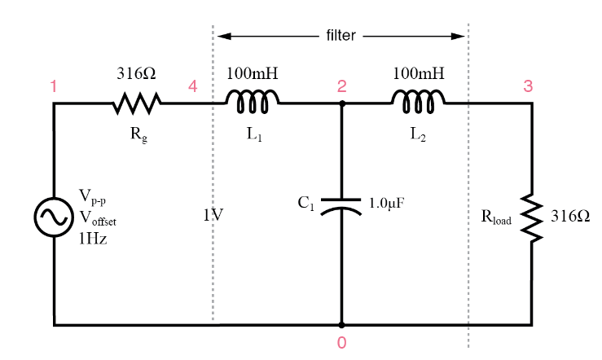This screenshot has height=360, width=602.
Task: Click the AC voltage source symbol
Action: [x=54, y=217]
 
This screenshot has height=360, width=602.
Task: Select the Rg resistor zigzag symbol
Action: [x=137, y=103]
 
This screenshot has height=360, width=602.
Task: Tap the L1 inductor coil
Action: [x=253, y=102]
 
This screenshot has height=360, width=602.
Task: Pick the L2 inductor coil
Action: [x=418, y=102]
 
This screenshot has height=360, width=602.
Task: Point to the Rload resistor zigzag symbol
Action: [x=532, y=217]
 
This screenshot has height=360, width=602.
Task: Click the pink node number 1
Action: [x=54, y=86]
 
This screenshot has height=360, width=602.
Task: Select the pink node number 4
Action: [x=193, y=86]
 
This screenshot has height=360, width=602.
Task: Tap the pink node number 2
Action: [x=341, y=86]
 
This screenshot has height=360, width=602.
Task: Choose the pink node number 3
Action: [x=528, y=86]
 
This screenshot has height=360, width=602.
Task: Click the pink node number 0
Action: [x=341, y=342]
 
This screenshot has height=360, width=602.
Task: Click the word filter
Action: [x=341, y=35]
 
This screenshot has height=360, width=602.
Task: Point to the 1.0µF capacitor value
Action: [x=386, y=203]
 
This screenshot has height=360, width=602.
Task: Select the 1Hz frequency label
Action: [x=93, y=239]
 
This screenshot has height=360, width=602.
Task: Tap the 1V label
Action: [x=213, y=215]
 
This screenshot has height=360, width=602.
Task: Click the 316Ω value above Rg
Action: [x=136, y=73]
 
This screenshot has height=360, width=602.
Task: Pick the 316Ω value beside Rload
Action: [x=570, y=217]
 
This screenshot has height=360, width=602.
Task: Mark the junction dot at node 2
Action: [x=341, y=103]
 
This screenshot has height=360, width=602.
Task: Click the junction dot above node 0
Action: [x=341, y=325]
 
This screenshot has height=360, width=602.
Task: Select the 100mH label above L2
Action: [x=419, y=73]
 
